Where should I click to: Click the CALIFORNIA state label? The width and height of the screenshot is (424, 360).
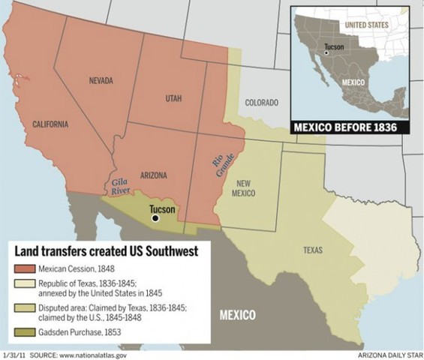(x=51, y=124)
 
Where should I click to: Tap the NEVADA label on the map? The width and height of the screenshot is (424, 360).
(x=101, y=80)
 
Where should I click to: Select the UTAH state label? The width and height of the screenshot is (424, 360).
(x=174, y=98)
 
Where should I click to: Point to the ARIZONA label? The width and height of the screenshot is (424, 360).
(x=153, y=175)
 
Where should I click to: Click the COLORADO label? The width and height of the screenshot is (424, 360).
(x=262, y=102)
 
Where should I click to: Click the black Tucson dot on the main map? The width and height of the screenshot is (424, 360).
(x=155, y=218)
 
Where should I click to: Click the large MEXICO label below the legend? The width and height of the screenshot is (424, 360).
(x=237, y=314)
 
